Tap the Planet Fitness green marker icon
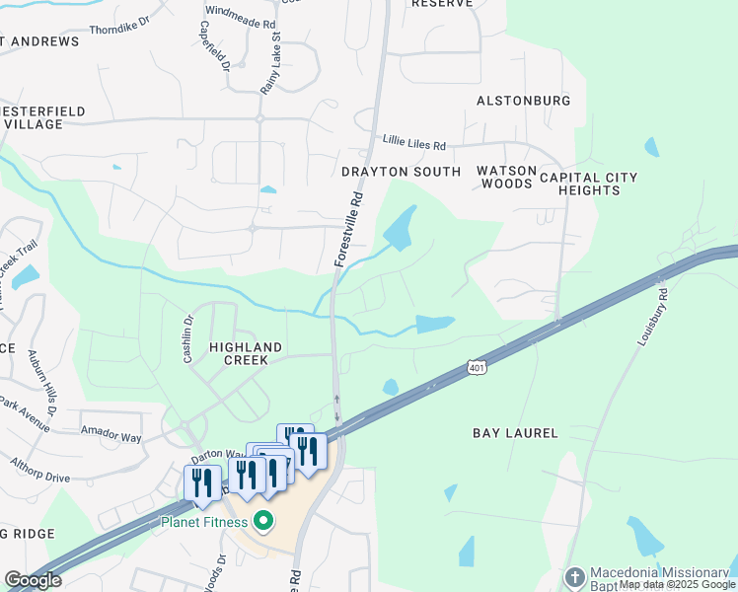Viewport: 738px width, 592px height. point(262,520)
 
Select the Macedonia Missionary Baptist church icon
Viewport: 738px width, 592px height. point(575,575)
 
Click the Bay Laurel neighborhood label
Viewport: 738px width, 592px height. point(515,433)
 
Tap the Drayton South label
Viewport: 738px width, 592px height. point(401,172)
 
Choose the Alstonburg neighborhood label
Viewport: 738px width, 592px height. point(523,101)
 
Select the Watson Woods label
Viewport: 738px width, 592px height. point(505,177)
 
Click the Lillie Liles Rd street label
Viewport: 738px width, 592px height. point(414,144)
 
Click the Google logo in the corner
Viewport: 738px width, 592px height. point(32,580)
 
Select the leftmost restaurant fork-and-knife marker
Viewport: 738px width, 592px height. point(202,483)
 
